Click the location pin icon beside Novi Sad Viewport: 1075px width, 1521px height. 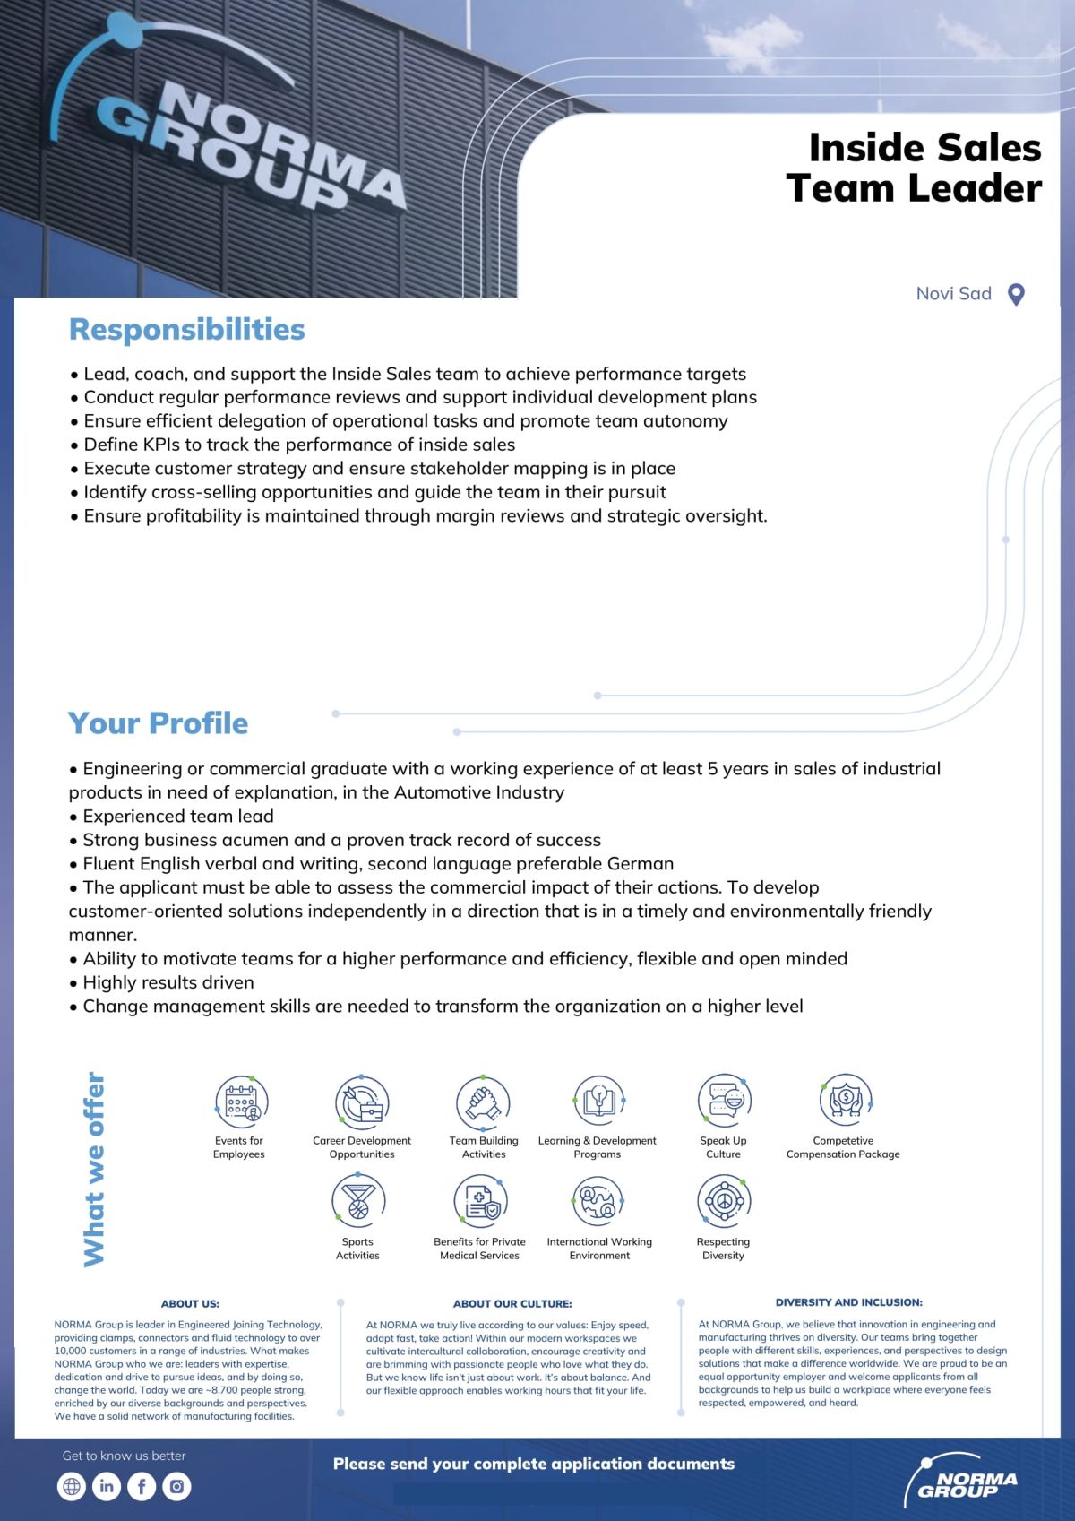point(1016,294)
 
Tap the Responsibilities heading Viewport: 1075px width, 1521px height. point(187,330)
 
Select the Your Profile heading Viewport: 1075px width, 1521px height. point(158,723)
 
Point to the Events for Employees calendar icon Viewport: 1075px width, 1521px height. point(241,1102)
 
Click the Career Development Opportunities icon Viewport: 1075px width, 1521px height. point(362,1102)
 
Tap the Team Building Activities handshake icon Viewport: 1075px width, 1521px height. point(483,1102)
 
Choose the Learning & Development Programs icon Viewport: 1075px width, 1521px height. point(598,1102)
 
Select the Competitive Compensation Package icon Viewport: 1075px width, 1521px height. point(845,1100)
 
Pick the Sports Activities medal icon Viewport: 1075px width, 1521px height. point(358,1201)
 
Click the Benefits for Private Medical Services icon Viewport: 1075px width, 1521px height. point(480,1201)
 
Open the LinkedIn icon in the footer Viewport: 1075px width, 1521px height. point(107,1486)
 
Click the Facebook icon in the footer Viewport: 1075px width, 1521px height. point(142,1486)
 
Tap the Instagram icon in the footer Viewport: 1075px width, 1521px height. point(176,1486)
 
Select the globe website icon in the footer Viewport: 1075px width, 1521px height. point(72,1486)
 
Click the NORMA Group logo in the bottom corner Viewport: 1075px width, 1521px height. point(963,1478)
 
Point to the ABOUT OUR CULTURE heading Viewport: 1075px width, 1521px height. point(512,1303)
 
